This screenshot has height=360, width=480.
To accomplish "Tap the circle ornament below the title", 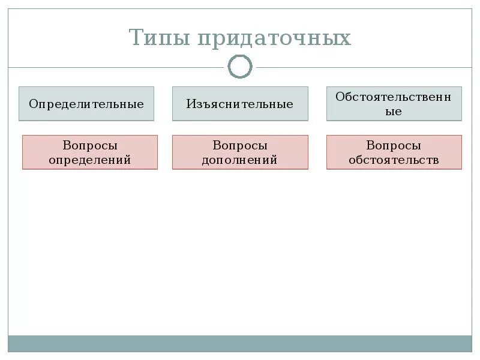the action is [x=240, y=67].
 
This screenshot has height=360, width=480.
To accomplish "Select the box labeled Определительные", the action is [x=86, y=104].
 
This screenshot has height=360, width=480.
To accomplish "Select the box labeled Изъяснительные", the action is [x=240, y=104].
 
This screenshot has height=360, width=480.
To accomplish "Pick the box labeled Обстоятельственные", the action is [x=394, y=104].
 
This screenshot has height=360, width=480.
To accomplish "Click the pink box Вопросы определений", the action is [x=90, y=152].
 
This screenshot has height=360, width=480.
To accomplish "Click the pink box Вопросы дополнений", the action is [x=240, y=152].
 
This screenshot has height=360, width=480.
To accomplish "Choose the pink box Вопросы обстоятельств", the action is [x=394, y=152].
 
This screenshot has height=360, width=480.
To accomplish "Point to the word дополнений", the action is [x=240, y=160].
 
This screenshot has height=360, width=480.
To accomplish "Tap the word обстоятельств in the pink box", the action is [x=394, y=160].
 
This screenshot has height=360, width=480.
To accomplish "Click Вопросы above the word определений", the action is [x=90, y=146].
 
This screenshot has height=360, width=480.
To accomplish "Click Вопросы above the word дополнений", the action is [x=240, y=146].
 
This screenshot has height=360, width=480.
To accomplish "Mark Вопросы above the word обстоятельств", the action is [x=394, y=146].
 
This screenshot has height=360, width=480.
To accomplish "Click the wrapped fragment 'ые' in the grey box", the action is [x=394, y=112].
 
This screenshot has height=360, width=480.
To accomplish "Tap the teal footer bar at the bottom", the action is [x=240, y=343].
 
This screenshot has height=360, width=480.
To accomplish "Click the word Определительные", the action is [x=86, y=104].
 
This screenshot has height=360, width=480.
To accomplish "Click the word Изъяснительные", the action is [x=240, y=104].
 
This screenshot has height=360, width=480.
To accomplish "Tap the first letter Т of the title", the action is [x=137, y=38].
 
